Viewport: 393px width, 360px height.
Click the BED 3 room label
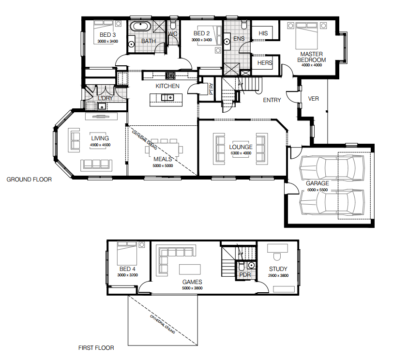click(108, 35)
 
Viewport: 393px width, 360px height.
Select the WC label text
click(173, 33)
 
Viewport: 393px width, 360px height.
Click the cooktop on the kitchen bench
click(170, 75)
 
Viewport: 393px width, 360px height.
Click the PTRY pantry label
click(212, 89)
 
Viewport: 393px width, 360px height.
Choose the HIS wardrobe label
click(263, 33)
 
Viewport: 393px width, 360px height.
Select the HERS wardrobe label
click(265, 62)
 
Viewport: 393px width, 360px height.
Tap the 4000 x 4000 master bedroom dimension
click(312, 65)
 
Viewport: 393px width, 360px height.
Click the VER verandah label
click(313, 99)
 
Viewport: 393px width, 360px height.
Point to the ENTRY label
click(272, 100)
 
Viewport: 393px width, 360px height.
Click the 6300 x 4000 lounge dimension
click(241, 153)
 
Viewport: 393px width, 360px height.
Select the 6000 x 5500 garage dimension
click(317, 190)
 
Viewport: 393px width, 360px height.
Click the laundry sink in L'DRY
click(102, 107)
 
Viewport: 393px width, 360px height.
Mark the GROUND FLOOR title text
click(29, 180)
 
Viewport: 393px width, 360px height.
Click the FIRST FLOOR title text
click(96, 348)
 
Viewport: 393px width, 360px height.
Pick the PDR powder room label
click(245, 275)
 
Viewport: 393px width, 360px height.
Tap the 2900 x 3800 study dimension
click(278, 276)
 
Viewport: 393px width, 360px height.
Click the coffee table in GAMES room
click(190, 270)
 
